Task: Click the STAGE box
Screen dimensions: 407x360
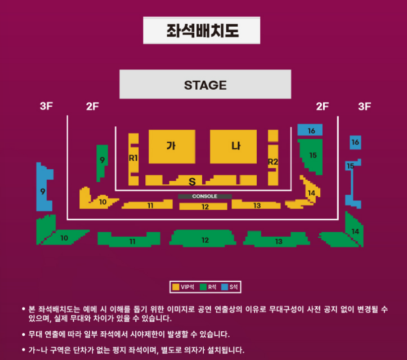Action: (x=205, y=85)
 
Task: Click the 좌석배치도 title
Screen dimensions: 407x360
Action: (x=202, y=31)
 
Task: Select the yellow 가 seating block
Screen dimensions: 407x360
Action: (x=171, y=146)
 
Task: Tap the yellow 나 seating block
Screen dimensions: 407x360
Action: (x=233, y=146)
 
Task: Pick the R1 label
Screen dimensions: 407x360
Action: (x=133, y=158)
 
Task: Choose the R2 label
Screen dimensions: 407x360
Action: (x=273, y=161)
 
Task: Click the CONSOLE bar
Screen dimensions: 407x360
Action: (x=205, y=197)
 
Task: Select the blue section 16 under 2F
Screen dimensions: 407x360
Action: (x=310, y=130)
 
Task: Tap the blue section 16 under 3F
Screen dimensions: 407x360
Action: (x=355, y=142)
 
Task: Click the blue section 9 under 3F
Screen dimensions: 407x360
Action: (x=44, y=191)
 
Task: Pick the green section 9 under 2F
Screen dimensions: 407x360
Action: (x=102, y=160)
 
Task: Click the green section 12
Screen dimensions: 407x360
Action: (x=204, y=240)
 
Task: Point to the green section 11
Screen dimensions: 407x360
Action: (x=132, y=241)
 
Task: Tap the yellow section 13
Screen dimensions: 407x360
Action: (x=256, y=205)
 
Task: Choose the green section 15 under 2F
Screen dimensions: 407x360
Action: (x=312, y=155)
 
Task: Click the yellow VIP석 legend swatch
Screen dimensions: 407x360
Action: (x=175, y=287)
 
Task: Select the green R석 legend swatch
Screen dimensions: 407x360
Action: (x=203, y=287)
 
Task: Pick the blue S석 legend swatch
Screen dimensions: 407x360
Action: (x=226, y=287)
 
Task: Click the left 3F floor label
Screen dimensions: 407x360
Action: (x=46, y=106)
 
